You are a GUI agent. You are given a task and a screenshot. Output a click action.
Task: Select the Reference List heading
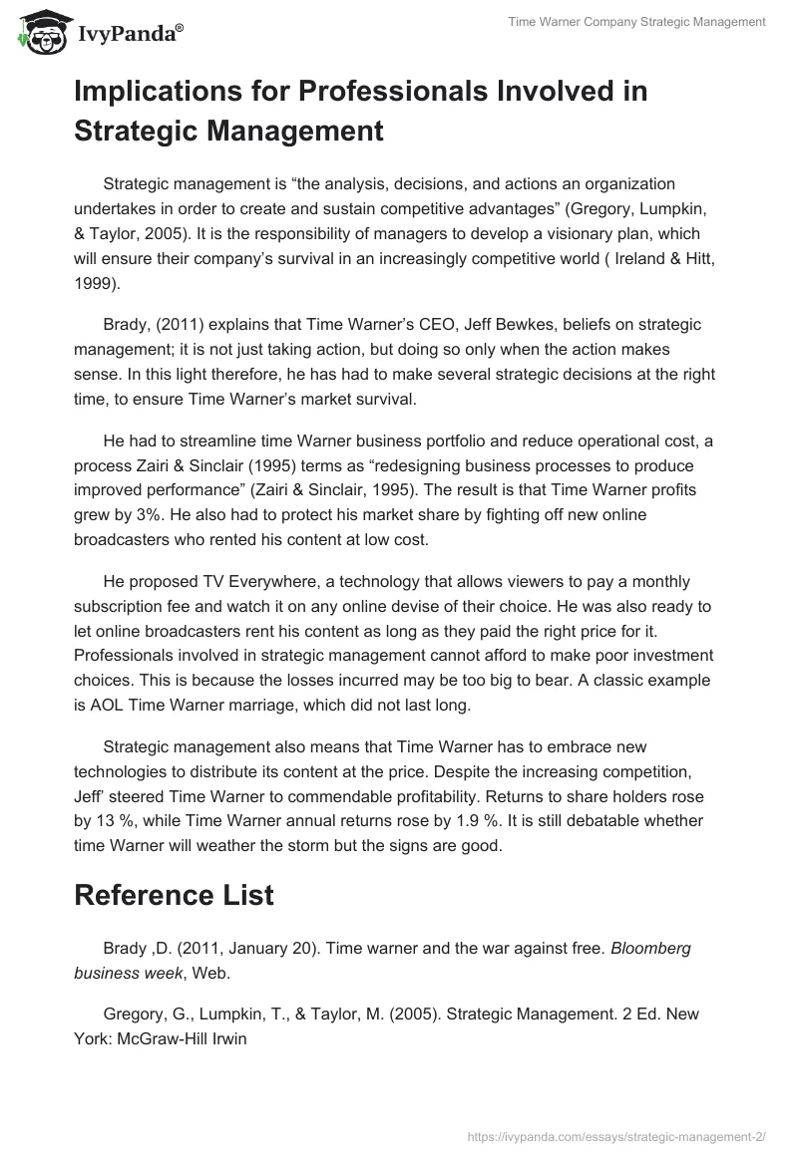pyautogui.click(x=174, y=894)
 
